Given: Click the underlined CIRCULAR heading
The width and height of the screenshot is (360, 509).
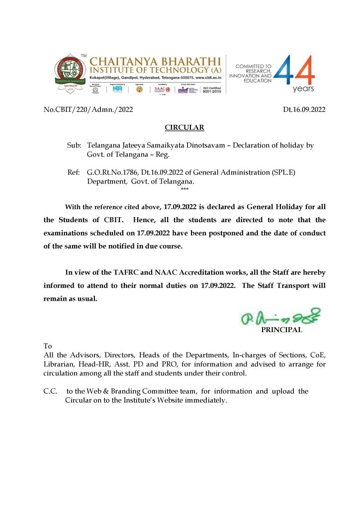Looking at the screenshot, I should coord(184,128).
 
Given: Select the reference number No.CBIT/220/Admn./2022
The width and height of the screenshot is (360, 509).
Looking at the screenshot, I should coord(89,109).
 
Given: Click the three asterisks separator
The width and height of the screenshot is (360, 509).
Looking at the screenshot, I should coord(184,190).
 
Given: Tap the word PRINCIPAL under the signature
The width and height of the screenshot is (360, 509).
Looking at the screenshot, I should coord(281,329).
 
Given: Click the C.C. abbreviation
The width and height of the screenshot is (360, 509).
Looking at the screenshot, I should coord(52,391).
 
